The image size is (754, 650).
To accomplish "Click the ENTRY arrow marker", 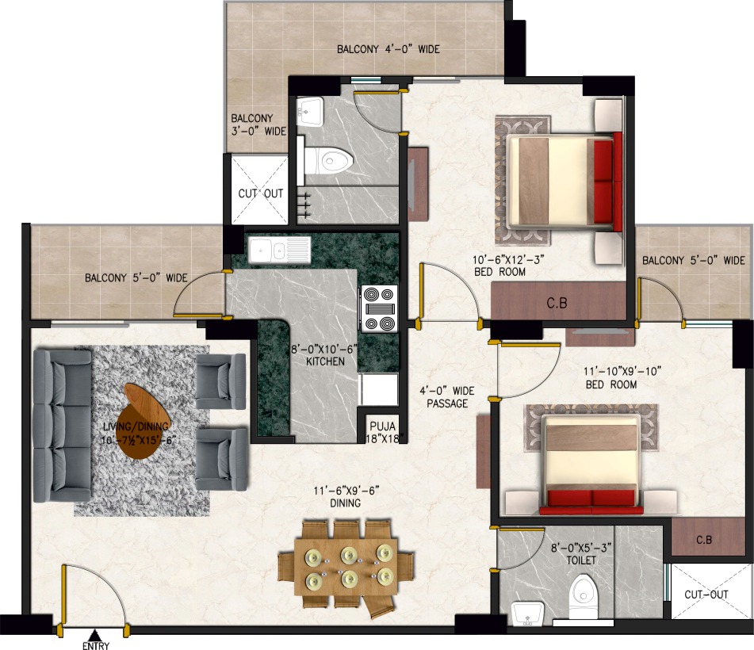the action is coord(95,636).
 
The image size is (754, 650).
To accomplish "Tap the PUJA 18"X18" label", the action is coord(383,432).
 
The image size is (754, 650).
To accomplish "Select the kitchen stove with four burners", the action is coord(380,308).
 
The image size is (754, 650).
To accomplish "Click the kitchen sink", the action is coord(273,250).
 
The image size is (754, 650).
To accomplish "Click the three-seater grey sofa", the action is coord(62,426).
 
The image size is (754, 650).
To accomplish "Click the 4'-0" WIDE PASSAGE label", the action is coord(446,397).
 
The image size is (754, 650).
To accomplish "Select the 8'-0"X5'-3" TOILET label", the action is coord(581,554).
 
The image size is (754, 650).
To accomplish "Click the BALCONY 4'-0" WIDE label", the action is coord(388,49).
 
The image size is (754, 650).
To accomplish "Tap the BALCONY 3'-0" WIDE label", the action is coord(258,124).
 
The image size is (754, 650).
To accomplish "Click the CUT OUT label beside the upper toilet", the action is coord(261,193).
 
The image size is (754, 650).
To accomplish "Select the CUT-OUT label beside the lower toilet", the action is coord(706,595).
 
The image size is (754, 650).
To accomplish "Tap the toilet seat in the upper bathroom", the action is coord(329,161).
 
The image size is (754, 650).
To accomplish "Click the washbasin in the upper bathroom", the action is coord(309,111).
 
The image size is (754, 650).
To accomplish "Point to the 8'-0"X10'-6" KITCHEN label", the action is coord(324,355).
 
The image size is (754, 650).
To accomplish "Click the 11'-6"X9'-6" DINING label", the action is coord(346,497).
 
